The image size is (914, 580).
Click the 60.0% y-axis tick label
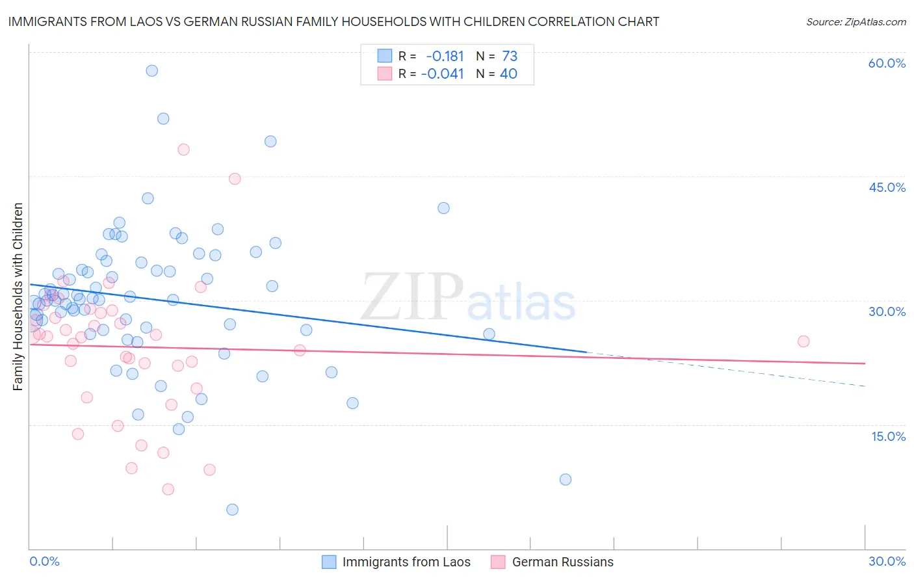pyautogui.click(x=887, y=63)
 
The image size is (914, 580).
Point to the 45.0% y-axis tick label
pyautogui.click(x=887, y=187)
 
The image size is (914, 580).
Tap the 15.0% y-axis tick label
pyautogui.click(x=888, y=436)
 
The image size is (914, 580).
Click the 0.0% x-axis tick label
pyautogui.click(x=44, y=561)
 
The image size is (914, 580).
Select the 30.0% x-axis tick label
pyautogui.click(x=887, y=561)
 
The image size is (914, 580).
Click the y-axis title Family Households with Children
pyautogui.click(x=18, y=297)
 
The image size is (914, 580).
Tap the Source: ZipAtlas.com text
pyautogui.click(x=855, y=22)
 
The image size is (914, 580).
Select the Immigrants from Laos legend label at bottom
pyautogui.click(x=406, y=562)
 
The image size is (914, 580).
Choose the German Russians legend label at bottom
pyautogui.click(x=562, y=562)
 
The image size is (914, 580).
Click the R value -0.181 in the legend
pyautogui.click(x=445, y=57)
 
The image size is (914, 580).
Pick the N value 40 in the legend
pyautogui.click(x=508, y=74)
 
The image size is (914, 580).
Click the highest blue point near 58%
pyautogui.click(x=151, y=71)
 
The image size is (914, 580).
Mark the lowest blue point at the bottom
pyautogui.click(x=232, y=510)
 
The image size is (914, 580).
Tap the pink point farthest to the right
pyautogui.click(x=803, y=341)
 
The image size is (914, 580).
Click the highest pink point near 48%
pyautogui.click(x=183, y=150)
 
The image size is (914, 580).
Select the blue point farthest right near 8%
pyautogui.click(x=565, y=480)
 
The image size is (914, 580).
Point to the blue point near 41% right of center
pyautogui.click(x=443, y=208)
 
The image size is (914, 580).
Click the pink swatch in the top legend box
pyautogui.click(x=385, y=74)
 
